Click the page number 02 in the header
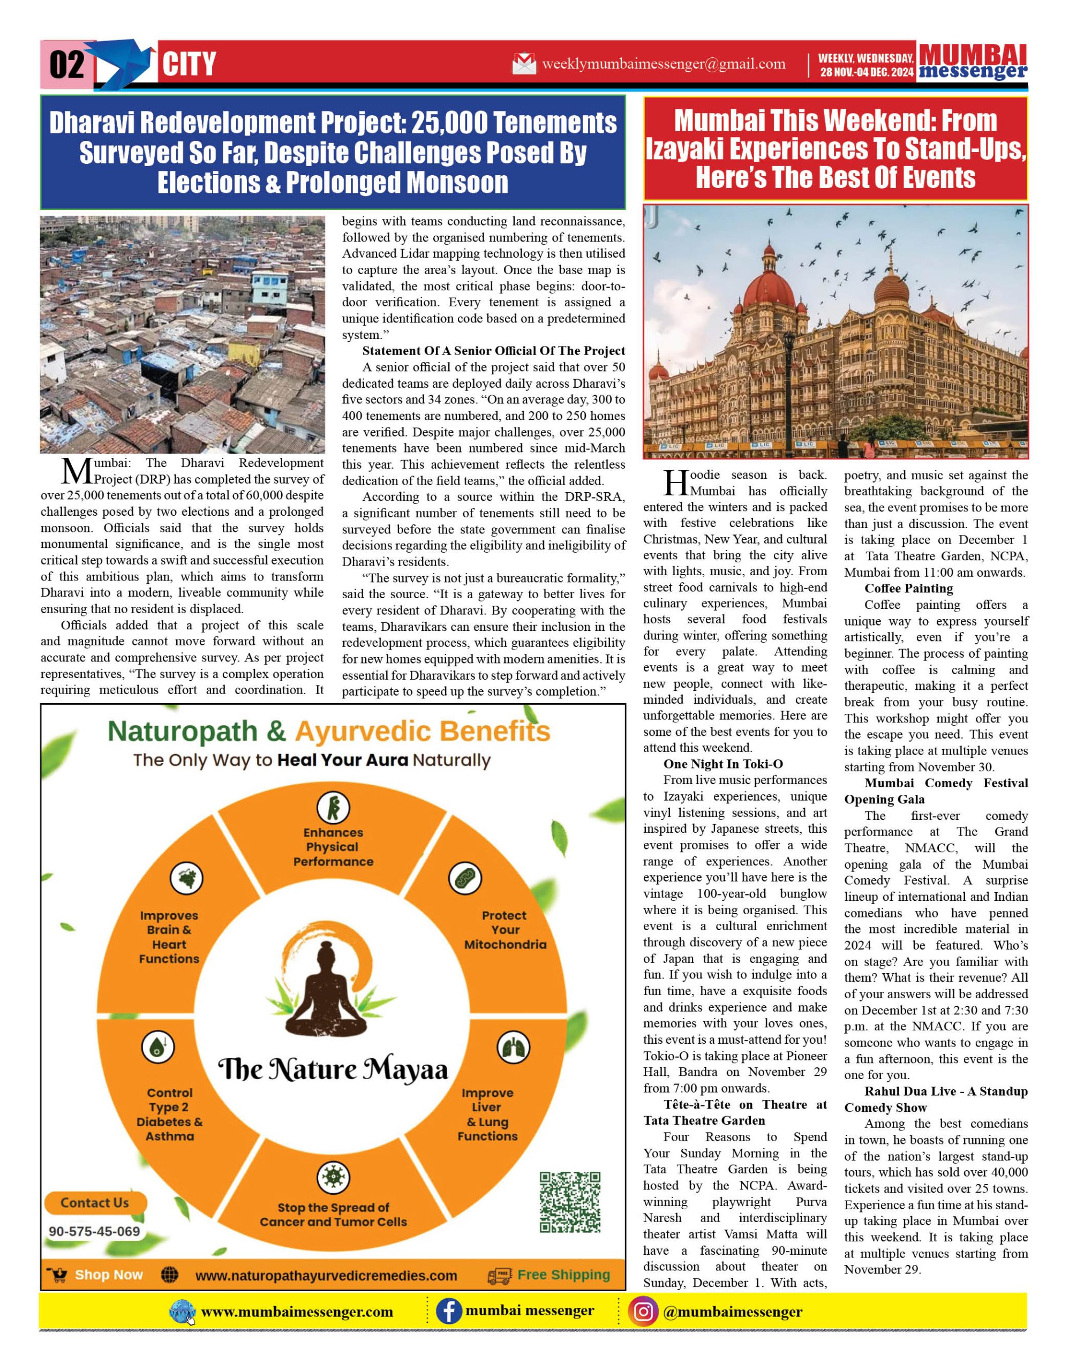pos(66,64)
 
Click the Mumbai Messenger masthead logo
pos(973,62)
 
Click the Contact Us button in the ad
pos(95,1203)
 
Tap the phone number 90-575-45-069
pos(95,1232)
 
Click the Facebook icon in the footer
pos(448,1312)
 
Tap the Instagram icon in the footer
pos(643,1312)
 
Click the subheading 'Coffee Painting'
pos(908,588)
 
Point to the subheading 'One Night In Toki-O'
pos(722,764)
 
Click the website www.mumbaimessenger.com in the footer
pos(296,1313)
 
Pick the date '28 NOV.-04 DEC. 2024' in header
pos(866,72)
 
